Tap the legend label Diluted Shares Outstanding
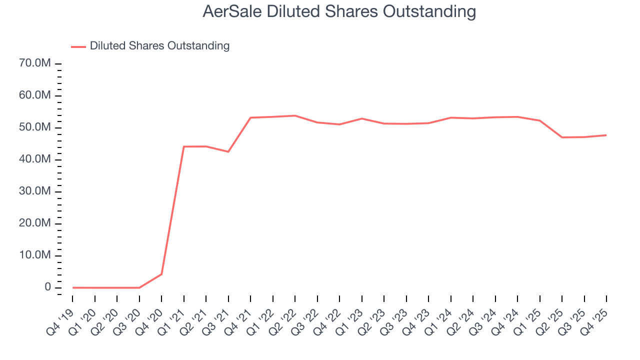(159, 46)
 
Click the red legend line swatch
(78, 46)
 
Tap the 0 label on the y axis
(47, 287)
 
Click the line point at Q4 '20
(161, 274)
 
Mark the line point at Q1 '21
(184, 146)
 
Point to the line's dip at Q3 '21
(228, 151)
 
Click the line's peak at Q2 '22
(295, 115)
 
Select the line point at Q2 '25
(562, 137)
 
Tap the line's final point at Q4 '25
(606, 135)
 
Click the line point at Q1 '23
(361, 118)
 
